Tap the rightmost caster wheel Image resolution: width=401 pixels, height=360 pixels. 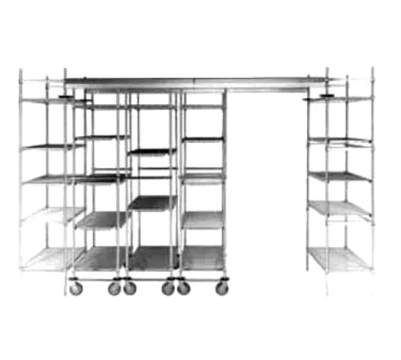point(221,286)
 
